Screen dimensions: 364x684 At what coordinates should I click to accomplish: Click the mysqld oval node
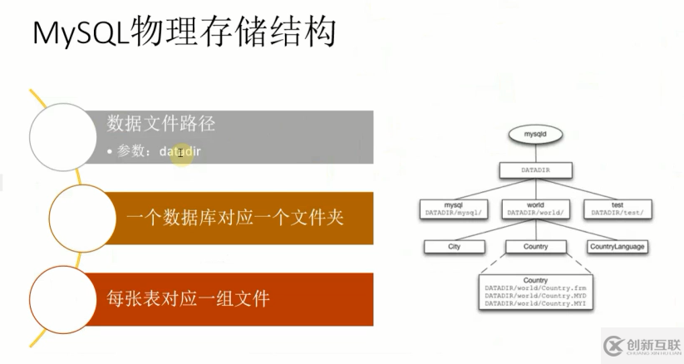pos(535,133)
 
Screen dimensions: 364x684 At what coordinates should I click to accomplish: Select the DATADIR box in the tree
pos(535,170)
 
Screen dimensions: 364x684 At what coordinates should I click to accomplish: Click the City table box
pos(454,246)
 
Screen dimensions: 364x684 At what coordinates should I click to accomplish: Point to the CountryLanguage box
pos(617,246)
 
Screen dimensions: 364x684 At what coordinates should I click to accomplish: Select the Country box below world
pos(535,246)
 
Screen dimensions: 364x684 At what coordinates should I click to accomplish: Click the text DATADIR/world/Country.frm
pos(534,288)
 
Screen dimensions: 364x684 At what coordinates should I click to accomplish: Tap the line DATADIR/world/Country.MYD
pos(534,296)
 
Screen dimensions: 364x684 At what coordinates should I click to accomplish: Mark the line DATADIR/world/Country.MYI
pos(534,304)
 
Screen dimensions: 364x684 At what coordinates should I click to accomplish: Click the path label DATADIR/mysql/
pos(453,213)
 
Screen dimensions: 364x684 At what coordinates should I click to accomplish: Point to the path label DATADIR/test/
pos(618,213)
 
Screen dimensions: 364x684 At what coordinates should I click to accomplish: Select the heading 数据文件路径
pos(161,124)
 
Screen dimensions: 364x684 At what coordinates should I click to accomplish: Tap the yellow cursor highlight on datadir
pos(180,152)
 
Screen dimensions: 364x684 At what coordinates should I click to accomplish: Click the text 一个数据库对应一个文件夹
pos(235,219)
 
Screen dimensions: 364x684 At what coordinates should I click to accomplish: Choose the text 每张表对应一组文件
pos(188,297)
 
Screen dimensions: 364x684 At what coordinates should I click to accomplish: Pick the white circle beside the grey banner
pos(63,135)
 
